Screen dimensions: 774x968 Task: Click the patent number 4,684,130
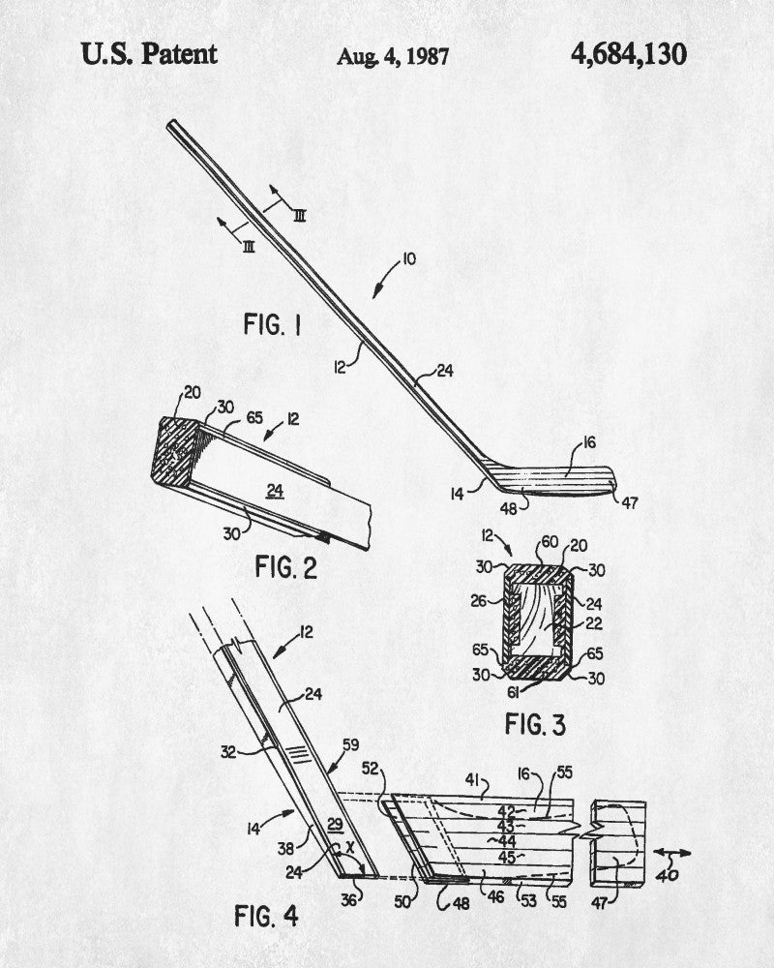pyautogui.click(x=628, y=54)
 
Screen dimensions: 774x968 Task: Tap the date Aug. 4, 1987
pyautogui.click(x=393, y=57)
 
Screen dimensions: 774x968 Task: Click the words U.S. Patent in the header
pyautogui.click(x=149, y=54)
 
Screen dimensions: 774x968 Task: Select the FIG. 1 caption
pyautogui.click(x=272, y=324)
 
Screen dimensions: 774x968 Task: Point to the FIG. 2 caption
pyautogui.click(x=285, y=567)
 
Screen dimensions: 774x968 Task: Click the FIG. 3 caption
pyautogui.click(x=535, y=724)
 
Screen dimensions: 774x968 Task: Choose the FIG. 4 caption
pyautogui.click(x=266, y=916)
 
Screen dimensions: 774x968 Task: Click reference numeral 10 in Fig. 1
pyautogui.click(x=408, y=258)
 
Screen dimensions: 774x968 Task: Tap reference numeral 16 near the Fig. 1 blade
pyautogui.click(x=589, y=442)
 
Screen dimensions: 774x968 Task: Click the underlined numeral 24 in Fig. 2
pyautogui.click(x=276, y=492)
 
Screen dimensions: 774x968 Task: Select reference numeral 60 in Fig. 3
pyautogui.click(x=550, y=542)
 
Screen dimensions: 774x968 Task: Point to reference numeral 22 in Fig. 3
pyautogui.click(x=593, y=624)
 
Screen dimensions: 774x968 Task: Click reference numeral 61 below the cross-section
pyautogui.click(x=513, y=693)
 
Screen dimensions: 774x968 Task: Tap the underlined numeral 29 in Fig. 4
pyautogui.click(x=335, y=825)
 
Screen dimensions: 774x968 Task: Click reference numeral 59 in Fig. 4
pyautogui.click(x=350, y=745)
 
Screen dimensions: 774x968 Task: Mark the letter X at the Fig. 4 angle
pyautogui.click(x=350, y=848)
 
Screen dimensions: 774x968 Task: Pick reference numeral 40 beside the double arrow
pyautogui.click(x=668, y=875)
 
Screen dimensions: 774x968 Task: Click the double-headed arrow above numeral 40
pyautogui.click(x=672, y=853)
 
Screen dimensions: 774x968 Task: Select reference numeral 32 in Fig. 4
pyautogui.click(x=229, y=752)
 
